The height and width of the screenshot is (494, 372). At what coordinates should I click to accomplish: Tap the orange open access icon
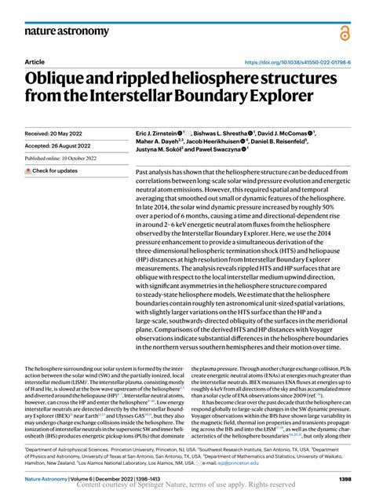click(x=344, y=31)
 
